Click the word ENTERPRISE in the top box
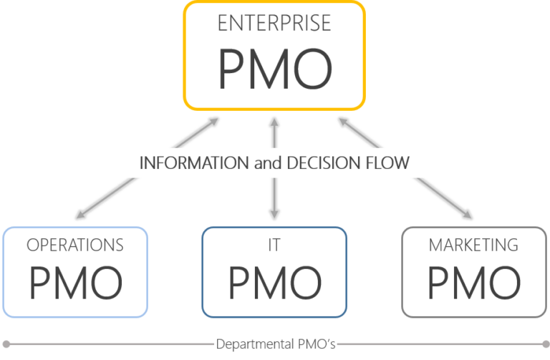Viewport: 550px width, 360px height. coord(274,23)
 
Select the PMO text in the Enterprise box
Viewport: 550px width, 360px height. coord(274,67)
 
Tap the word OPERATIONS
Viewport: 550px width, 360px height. coord(75,245)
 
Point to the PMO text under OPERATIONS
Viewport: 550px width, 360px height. coord(75,283)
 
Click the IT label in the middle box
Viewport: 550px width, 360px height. coord(274,245)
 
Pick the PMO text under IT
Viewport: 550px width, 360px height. coord(274,283)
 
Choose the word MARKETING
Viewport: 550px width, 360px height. coord(473,245)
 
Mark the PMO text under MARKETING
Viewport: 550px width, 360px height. coord(473,283)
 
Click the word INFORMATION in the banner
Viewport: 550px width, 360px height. coord(193,162)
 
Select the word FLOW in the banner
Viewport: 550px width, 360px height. coord(387,162)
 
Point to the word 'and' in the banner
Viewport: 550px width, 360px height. coord(266,163)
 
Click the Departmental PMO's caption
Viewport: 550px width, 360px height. coord(276,344)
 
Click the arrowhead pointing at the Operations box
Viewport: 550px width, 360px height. coord(77,216)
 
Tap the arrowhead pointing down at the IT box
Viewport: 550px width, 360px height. coord(274,215)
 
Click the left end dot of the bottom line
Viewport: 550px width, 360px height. coord(6,344)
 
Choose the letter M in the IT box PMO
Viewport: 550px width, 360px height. coord(274,283)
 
